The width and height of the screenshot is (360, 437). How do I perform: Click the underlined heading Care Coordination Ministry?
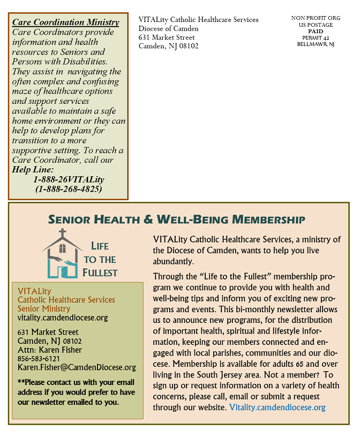(x=65, y=22)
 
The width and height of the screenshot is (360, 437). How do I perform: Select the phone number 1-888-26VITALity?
(x=69, y=179)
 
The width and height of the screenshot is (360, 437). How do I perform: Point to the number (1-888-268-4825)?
(x=69, y=189)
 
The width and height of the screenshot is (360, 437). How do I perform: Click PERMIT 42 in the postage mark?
(x=316, y=37)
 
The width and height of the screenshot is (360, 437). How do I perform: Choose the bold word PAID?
(x=316, y=31)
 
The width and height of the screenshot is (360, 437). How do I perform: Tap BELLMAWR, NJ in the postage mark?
(x=316, y=44)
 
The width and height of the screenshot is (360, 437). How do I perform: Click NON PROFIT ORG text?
(x=316, y=18)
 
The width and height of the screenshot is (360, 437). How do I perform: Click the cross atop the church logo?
(x=63, y=233)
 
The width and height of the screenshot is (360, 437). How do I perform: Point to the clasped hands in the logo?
(x=63, y=258)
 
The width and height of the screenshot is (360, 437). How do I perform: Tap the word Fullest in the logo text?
(x=100, y=272)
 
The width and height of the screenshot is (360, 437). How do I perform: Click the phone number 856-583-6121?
(x=39, y=358)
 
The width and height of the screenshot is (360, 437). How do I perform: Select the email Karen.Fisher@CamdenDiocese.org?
(x=77, y=367)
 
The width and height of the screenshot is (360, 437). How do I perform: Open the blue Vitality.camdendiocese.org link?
(x=277, y=408)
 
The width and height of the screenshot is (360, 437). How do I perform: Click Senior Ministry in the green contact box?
(x=44, y=308)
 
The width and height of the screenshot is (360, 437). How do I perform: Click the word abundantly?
(x=172, y=262)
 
